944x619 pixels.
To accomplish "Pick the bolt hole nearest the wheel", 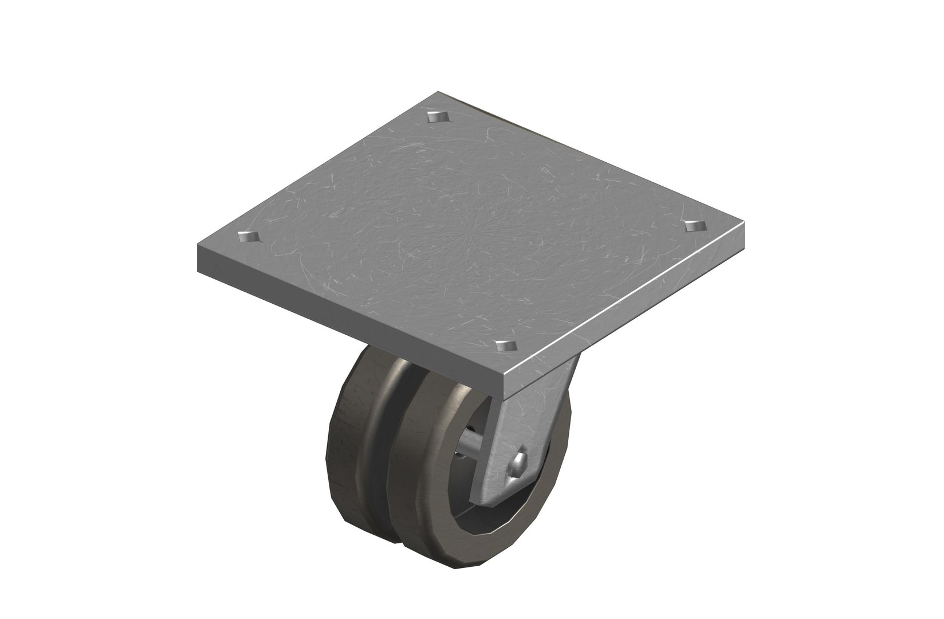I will click(x=505, y=345).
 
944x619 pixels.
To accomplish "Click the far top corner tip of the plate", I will click(x=438, y=91).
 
